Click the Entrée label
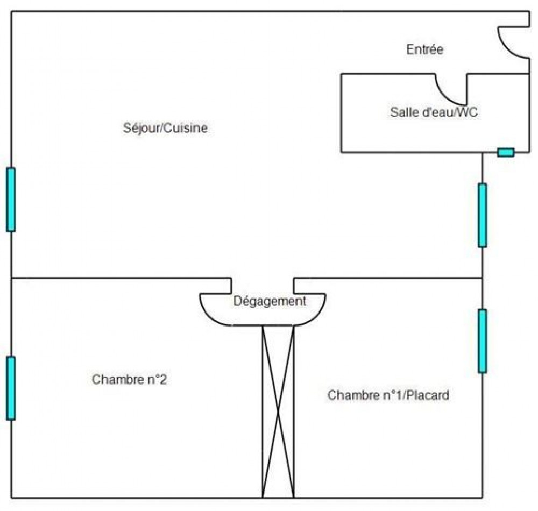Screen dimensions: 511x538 [x=424, y=49]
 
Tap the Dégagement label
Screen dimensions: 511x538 [x=270, y=301]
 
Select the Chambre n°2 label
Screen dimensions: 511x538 [x=129, y=379]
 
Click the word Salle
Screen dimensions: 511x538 [x=402, y=112]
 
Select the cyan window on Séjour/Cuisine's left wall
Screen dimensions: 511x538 [x=11, y=200]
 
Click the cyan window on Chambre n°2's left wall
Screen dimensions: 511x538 [x=11, y=388]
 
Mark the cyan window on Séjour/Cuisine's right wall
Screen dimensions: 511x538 [x=482, y=215]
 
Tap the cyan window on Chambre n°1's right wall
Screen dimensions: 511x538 [x=482, y=341]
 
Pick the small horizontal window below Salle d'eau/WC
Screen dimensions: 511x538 [x=506, y=152]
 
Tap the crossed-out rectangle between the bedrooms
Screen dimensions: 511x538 [x=278, y=411]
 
